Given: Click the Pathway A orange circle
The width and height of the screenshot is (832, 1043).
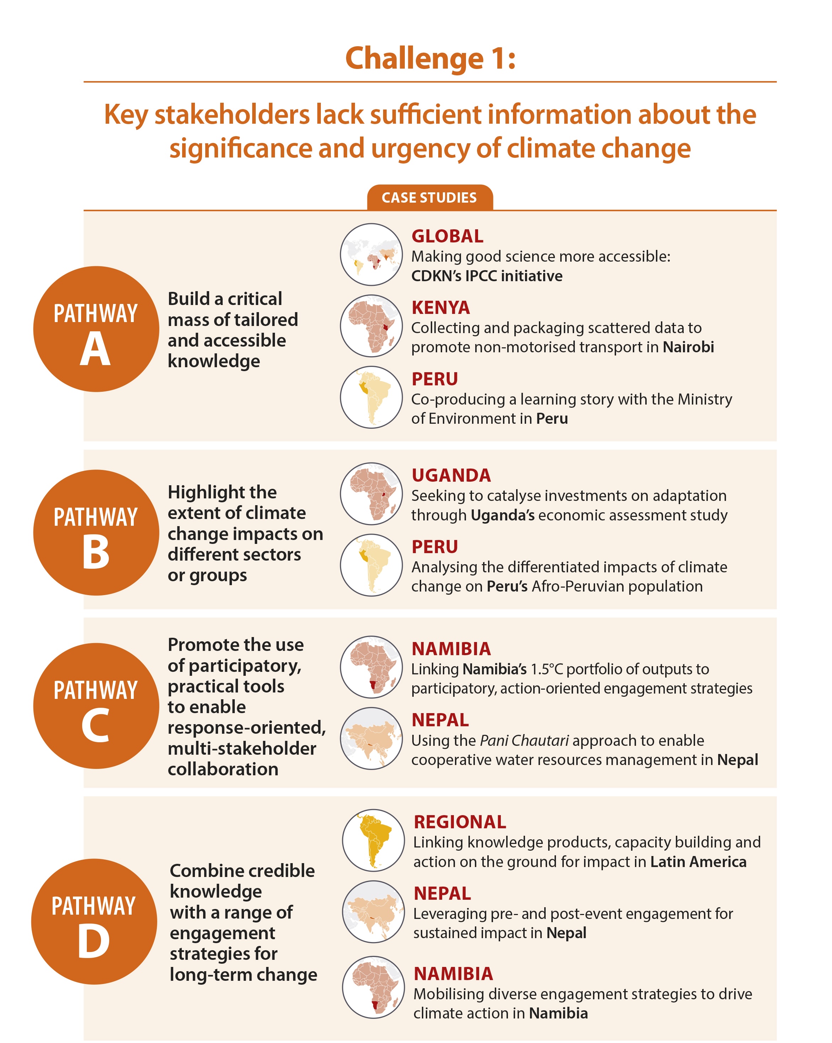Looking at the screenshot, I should click(96, 329).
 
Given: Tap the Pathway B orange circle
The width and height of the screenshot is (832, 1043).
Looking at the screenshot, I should click(96, 533).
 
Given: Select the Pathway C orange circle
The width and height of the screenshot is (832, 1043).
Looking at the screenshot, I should click(96, 706).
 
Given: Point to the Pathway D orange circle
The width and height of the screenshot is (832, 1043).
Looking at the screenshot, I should click(94, 921).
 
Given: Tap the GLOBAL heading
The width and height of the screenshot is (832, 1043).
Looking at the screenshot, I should click(447, 236).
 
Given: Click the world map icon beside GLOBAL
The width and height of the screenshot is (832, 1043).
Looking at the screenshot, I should click(371, 255).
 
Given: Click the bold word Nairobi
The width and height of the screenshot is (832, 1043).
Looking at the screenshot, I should click(688, 347).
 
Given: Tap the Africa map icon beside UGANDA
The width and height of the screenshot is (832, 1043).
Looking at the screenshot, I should click(371, 494).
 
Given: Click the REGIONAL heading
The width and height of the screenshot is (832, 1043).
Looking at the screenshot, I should click(460, 822).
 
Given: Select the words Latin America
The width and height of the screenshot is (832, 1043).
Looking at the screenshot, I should click(698, 862).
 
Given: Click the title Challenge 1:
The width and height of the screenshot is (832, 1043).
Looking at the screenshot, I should click(430, 59).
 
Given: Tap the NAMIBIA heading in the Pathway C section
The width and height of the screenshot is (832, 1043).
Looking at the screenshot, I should click(451, 649).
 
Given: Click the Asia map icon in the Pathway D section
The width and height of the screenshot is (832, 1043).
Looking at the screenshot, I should click(373, 911).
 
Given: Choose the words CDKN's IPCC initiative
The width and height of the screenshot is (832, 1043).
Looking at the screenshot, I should click(486, 276).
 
